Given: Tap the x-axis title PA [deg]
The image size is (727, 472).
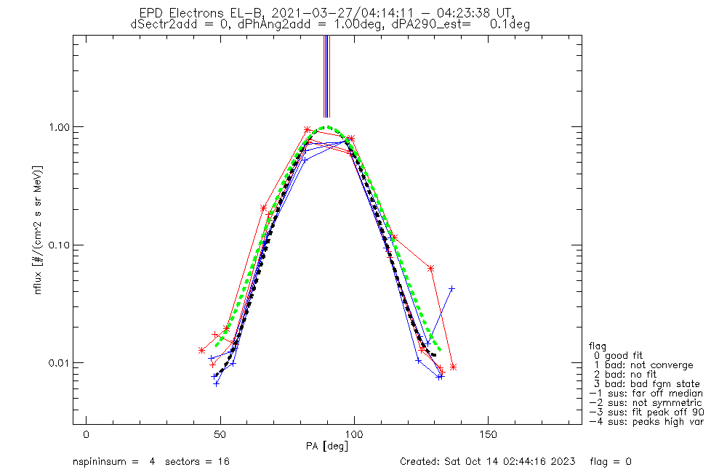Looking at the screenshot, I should pyautogui.click(x=327, y=446).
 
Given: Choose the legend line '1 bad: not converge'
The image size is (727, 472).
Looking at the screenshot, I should pyautogui.click(x=643, y=365).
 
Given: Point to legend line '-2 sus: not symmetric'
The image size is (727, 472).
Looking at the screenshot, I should pyautogui.click(x=646, y=403).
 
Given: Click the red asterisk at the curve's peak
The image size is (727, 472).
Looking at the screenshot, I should pyautogui.click(x=308, y=129).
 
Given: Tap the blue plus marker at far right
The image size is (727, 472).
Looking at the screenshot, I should pyautogui.click(x=451, y=288).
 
